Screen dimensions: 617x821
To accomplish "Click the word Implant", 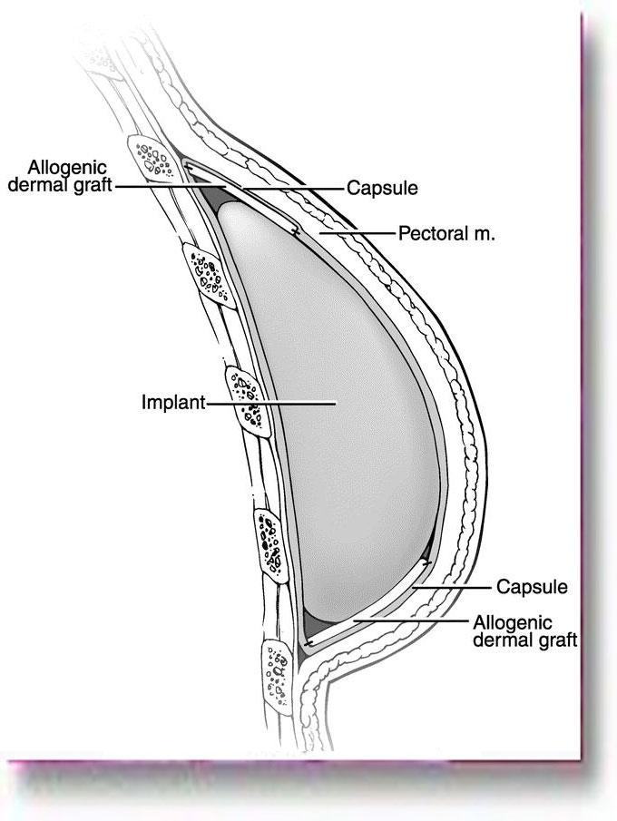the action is [x=173, y=401].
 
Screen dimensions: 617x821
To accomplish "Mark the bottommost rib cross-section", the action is [x=278, y=670].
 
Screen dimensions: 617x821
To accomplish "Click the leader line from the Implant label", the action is [x=272, y=401].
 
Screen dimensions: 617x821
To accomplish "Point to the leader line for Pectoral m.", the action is [x=358, y=233].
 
